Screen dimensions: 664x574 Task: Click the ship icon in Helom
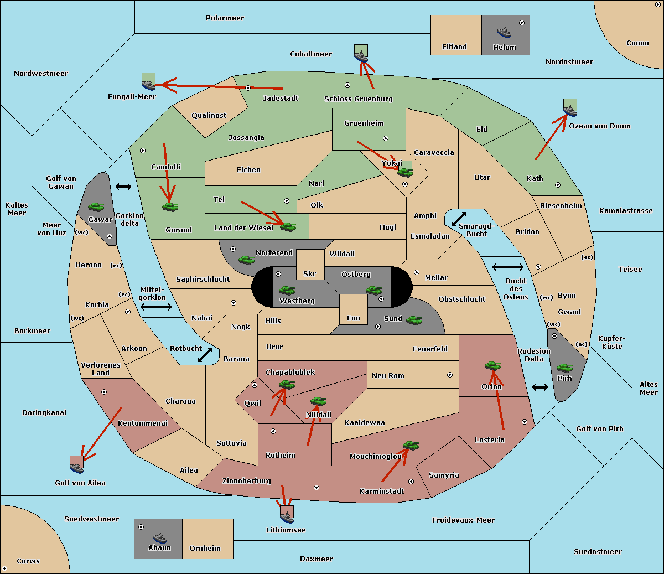tap(504, 32)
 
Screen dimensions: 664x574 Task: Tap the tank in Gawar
tap(96, 206)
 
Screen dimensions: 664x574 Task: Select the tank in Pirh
tap(564, 368)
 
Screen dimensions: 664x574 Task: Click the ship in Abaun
tap(159, 538)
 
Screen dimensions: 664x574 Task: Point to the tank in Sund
tap(414, 320)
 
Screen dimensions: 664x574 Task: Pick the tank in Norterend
tap(246, 260)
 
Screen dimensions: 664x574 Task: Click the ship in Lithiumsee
tap(287, 517)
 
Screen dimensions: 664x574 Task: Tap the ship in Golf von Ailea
tap(77, 468)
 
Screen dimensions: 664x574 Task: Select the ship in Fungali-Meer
tap(148, 84)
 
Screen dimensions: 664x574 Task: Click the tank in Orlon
tap(493, 366)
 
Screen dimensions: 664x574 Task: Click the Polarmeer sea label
tap(225, 18)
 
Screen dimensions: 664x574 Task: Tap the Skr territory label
tap(310, 273)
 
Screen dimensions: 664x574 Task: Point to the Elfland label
tap(454, 46)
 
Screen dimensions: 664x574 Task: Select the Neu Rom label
tap(388, 375)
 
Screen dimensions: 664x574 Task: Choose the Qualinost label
tap(209, 115)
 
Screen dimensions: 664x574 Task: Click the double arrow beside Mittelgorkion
tap(156, 307)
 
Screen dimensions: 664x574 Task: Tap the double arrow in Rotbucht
tap(205, 355)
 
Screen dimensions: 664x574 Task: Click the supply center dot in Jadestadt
tap(248, 88)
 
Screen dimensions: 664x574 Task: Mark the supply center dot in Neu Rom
tap(450, 375)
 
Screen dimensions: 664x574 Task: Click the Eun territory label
tap(354, 318)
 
